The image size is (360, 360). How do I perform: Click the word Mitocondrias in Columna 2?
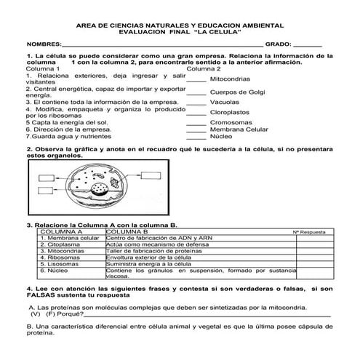(231, 79)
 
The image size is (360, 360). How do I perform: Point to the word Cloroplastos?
(229, 113)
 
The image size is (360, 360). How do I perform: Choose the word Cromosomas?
(228, 123)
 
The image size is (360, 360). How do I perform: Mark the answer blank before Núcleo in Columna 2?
(196, 136)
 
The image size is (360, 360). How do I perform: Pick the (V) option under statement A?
(36, 315)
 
